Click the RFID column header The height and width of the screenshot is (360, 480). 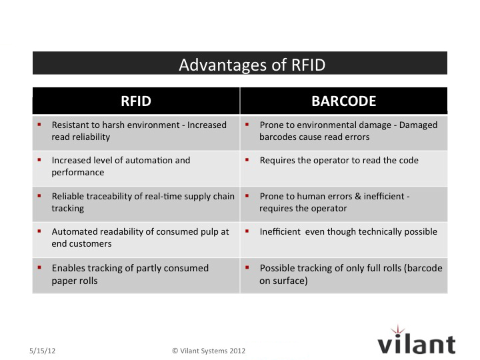[x=136, y=101]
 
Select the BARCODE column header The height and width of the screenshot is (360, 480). [x=344, y=101]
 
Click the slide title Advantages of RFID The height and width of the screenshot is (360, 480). [x=252, y=65]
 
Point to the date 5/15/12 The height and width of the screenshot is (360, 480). [x=42, y=351]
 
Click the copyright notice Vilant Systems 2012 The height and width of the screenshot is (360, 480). [x=209, y=351]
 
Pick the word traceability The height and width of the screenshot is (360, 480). [x=108, y=197]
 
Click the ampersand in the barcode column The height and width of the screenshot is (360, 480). [x=358, y=197]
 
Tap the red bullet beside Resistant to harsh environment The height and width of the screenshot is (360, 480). [x=39, y=124]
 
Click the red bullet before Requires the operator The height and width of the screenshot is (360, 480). [x=247, y=160]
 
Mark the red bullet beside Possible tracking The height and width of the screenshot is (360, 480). [x=247, y=267]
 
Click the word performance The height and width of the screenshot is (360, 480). [x=78, y=173]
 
